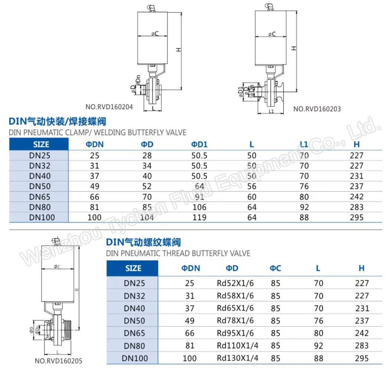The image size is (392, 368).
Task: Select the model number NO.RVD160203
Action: click(x=317, y=109)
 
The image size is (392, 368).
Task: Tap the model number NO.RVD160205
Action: click(x=59, y=361)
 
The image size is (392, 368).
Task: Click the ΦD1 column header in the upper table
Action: click(x=199, y=144)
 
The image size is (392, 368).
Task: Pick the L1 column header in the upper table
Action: click(x=304, y=144)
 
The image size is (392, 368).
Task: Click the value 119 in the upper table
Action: click(x=199, y=218)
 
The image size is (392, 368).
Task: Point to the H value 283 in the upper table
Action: click(x=357, y=207)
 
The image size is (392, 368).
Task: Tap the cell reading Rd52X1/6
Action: click(x=235, y=283)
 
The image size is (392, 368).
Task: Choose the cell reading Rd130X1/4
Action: click(x=237, y=358)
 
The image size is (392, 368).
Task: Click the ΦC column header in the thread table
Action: click(x=275, y=268)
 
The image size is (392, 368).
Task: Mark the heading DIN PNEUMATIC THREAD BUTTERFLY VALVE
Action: click(x=178, y=253)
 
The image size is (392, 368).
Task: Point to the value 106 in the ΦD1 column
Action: click(x=199, y=207)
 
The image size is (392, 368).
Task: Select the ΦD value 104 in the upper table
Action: click(x=147, y=218)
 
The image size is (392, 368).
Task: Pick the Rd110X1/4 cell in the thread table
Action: click(x=237, y=346)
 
